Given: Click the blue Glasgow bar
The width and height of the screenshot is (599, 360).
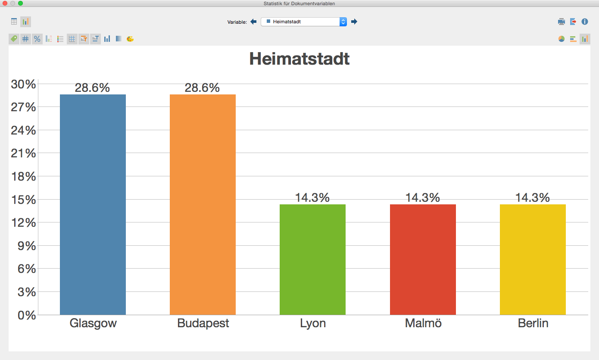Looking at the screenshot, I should [x=93, y=204].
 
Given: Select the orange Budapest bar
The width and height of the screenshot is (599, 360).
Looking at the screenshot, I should [x=203, y=204].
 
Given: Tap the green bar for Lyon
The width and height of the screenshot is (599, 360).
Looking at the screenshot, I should [x=312, y=259].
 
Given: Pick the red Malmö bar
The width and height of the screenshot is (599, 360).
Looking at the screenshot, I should [x=423, y=259].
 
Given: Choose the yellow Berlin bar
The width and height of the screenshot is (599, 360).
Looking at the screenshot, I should [x=533, y=259].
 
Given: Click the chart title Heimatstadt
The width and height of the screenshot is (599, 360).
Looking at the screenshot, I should [x=299, y=59].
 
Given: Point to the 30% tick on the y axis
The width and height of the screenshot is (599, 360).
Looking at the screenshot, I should [x=23, y=84].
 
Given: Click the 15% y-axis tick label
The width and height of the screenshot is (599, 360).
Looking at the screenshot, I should [x=23, y=200].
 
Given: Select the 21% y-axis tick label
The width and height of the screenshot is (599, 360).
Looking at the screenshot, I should [x=23, y=153].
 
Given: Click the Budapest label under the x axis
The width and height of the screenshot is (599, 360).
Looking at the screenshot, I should [x=203, y=323].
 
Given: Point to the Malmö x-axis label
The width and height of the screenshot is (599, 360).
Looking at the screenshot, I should [x=423, y=323].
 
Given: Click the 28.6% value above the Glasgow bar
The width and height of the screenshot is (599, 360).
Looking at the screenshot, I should [x=92, y=88].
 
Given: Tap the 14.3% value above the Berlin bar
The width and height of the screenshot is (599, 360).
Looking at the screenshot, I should [x=533, y=198].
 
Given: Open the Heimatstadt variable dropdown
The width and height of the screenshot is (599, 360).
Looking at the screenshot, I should [x=303, y=22].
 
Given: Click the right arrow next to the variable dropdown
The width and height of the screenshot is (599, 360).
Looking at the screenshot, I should [x=354, y=22].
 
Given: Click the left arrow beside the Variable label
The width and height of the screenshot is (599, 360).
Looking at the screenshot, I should [x=253, y=22].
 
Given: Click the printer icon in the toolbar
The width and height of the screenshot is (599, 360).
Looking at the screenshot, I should [x=562, y=22].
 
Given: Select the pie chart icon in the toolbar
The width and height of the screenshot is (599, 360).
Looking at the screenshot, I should [x=562, y=39].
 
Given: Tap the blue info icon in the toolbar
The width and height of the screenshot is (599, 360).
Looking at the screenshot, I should [x=585, y=22].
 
